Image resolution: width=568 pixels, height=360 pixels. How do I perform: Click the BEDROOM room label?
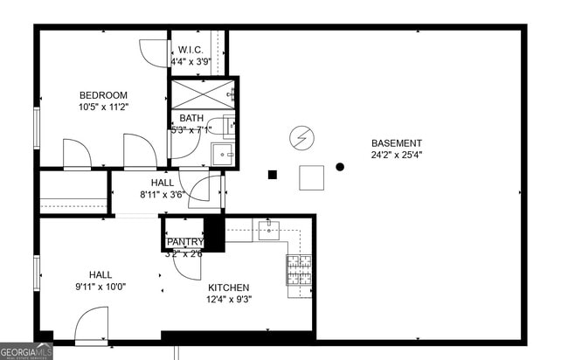103,95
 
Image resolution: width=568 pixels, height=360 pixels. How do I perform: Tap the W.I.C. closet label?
190,50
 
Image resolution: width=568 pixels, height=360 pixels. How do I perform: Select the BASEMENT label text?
396,143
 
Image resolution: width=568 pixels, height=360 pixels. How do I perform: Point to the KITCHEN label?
228,287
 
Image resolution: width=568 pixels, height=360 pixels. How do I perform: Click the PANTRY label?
184,242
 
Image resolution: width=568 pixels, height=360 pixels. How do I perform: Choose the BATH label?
190,119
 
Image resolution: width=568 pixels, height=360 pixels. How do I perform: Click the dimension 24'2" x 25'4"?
396,156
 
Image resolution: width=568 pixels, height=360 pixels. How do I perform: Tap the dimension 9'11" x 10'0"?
100,286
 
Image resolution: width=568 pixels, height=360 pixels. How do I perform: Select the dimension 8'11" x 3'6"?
162,195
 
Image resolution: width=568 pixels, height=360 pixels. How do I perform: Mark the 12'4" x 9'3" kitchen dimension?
228,300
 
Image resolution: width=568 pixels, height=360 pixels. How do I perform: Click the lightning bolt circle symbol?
301,137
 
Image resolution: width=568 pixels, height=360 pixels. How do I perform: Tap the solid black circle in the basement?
340,167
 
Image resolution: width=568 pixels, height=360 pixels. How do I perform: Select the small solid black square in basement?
273,175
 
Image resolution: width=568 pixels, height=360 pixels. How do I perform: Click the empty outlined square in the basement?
311,177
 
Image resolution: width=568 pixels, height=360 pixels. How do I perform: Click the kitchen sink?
267,231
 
